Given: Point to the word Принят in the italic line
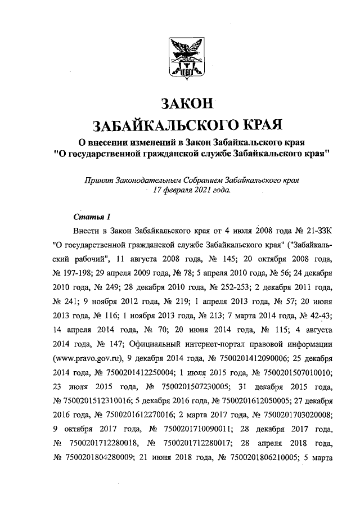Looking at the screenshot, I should click(x=97, y=181).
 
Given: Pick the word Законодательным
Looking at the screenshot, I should click(x=147, y=181).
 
